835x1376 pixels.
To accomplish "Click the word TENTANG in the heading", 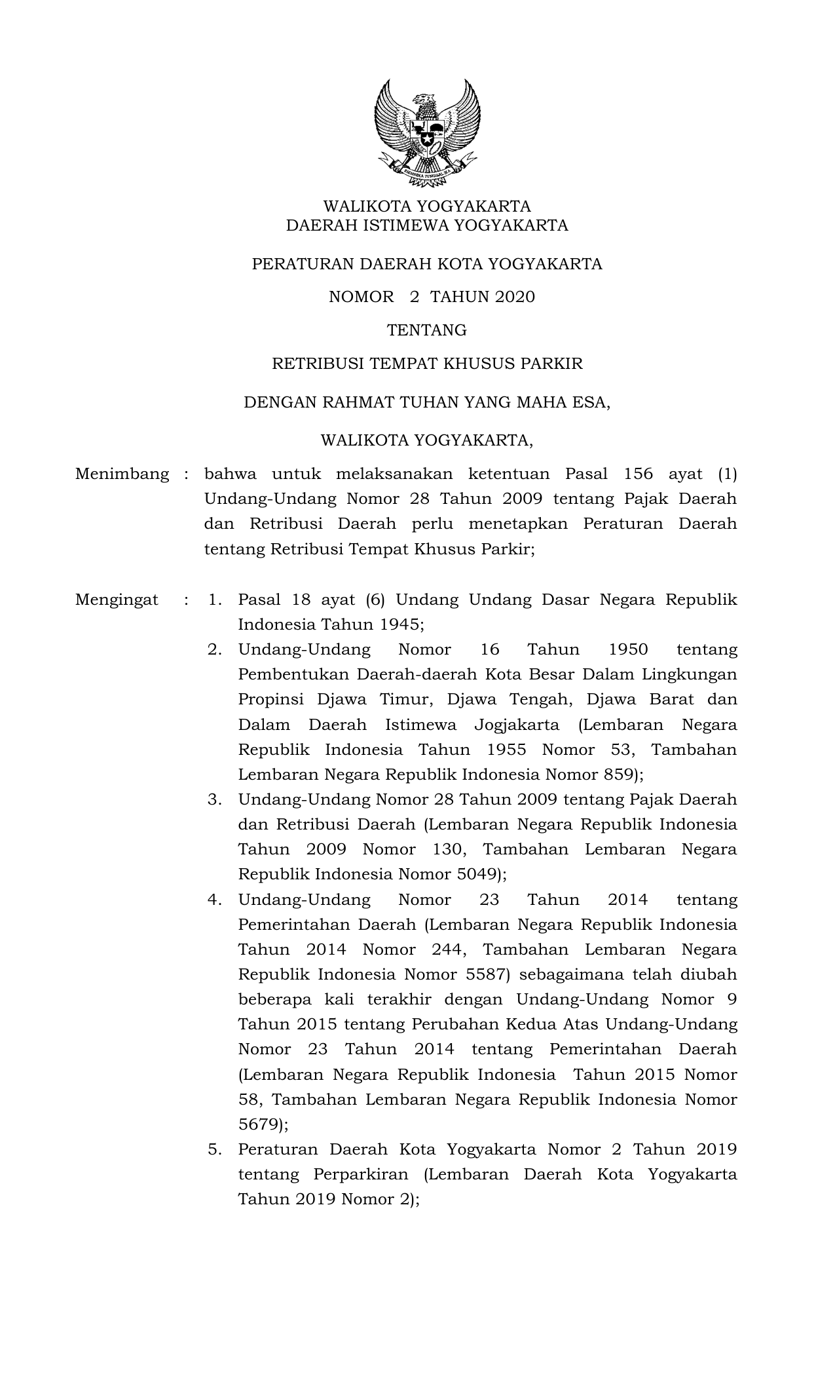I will (x=427, y=330).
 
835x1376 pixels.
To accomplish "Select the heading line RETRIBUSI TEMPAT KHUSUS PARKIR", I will (x=427, y=364).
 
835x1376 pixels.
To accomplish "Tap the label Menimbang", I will (x=122, y=474).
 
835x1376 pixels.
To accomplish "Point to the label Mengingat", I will (x=117, y=600).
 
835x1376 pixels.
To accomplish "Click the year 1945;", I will (x=401, y=624).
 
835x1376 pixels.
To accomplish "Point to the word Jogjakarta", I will (x=517, y=725).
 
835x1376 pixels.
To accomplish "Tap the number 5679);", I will (x=263, y=1124).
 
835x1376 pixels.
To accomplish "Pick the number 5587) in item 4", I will (x=488, y=974).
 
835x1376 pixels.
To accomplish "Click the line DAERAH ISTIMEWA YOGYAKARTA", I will (x=427, y=226).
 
